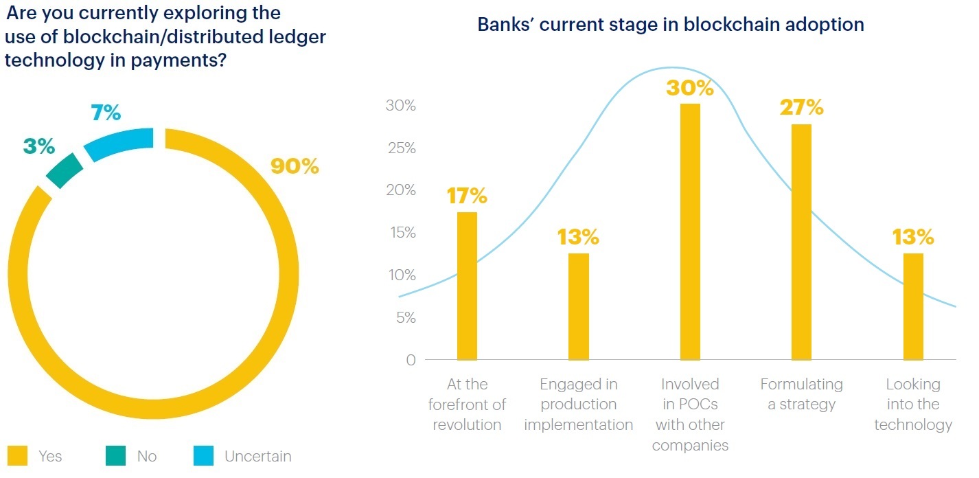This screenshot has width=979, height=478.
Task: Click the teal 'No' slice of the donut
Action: (x=65, y=170)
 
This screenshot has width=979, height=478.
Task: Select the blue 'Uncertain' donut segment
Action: (x=118, y=143)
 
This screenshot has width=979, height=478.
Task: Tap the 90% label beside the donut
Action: (x=295, y=166)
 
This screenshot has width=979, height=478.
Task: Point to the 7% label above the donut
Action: (x=106, y=113)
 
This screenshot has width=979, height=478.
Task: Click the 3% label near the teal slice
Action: (x=38, y=146)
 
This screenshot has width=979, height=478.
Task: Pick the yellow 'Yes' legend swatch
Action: (x=17, y=456)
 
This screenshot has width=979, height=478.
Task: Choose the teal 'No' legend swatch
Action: (x=115, y=456)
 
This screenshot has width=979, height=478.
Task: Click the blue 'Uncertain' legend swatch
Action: (x=203, y=456)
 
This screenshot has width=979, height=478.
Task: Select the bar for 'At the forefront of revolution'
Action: (x=467, y=286)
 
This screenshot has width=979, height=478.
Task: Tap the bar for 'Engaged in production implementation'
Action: (x=579, y=306)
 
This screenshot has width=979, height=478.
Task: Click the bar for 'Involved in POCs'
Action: (x=690, y=231)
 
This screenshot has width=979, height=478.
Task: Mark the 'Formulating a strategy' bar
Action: (x=801, y=242)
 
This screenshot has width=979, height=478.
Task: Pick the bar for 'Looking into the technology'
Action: (x=913, y=306)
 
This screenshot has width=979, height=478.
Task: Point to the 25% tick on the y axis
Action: (x=400, y=148)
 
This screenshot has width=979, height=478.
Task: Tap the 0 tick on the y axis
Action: (x=411, y=361)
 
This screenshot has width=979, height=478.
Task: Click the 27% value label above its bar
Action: (x=801, y=108)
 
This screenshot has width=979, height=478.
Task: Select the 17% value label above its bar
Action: (x=467, y=196)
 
